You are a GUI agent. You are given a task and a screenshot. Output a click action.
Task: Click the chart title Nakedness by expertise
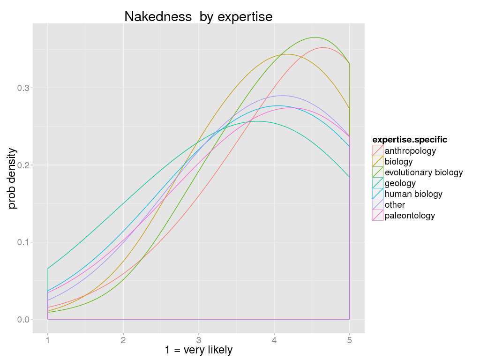(198, 17)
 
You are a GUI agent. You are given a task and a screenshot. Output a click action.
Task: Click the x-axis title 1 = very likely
(199, 350)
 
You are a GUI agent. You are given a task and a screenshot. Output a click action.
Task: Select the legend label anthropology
(410, 151)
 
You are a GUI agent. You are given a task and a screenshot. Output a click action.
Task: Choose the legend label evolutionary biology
(424, 172)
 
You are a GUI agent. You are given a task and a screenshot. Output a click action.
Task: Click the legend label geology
(400, 183)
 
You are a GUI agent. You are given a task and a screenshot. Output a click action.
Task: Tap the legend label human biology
(413, 194)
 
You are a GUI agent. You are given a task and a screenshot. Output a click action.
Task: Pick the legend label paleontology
(410, 216)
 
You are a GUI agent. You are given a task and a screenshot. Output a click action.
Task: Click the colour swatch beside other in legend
(378, 205)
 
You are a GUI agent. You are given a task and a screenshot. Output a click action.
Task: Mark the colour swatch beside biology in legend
(378, 162)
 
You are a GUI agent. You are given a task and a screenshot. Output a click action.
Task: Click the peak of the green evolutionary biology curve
(315, 37)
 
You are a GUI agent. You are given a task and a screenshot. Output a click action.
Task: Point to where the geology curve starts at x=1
(48, 269)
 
